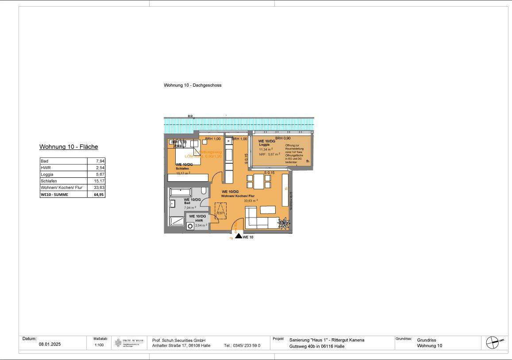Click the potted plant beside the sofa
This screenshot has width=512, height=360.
click(x=283, y=223)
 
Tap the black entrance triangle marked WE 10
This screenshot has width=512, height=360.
click(x=239, y=236)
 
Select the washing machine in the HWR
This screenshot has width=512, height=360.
click(x=190, y=226)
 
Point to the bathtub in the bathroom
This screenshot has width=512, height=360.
click(x=180, y=192)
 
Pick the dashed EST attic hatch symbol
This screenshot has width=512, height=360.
click(x=220, y=209)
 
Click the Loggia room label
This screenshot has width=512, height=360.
click(x=264, y=145)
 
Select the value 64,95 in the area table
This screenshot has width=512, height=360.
click(x=99, y=194)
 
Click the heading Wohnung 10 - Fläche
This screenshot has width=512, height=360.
click(x=69, y=147)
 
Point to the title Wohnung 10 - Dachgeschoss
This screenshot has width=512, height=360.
click(x=192, y=85)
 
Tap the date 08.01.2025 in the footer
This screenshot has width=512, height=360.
click(x=50, y=345)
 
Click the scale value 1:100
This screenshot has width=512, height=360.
click(x=99, y=345)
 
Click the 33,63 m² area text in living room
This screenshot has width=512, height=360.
click(x=250, y=200)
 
